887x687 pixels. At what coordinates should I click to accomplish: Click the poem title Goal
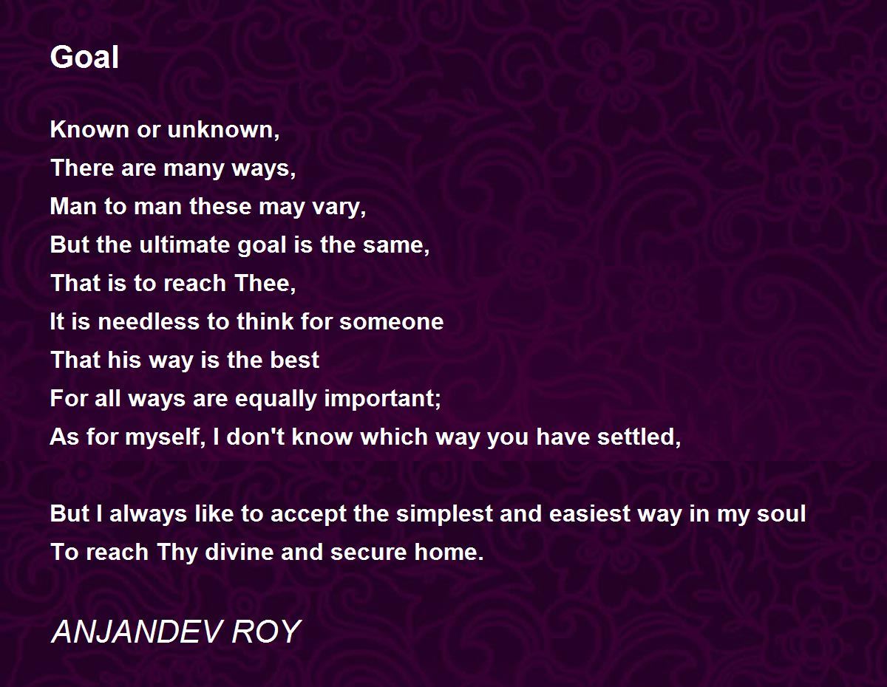[84, 57]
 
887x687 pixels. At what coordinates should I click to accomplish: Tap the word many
[194, 169]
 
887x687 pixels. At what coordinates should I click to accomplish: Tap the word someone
[392, 322]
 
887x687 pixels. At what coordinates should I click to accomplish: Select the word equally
[276, 399]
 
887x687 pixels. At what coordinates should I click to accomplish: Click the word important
[380, 399]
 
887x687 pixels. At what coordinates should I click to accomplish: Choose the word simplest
[444, 514]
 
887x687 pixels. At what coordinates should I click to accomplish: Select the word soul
[781, 513]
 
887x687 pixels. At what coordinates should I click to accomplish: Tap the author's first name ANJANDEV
[138, 632]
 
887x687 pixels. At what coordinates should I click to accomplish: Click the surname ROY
[267, 632]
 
